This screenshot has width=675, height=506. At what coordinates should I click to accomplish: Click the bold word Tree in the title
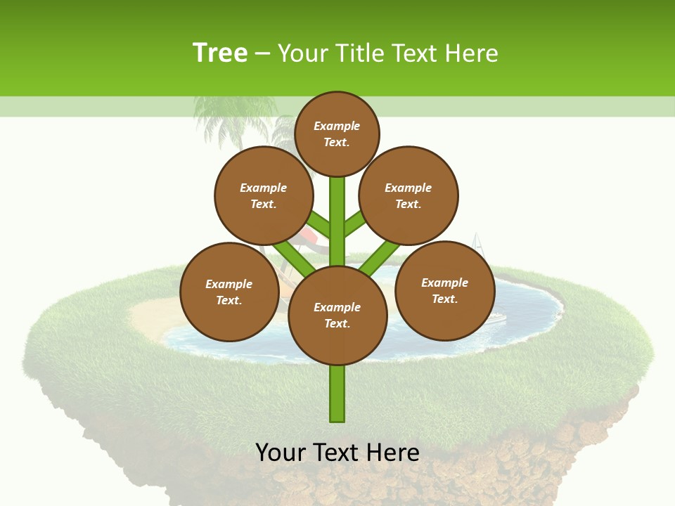coord(220,53)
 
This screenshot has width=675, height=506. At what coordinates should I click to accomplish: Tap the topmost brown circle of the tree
coord(337,134)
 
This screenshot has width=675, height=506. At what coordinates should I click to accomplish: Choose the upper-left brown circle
coord(264,195)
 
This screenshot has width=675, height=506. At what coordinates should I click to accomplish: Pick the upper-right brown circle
coord(409,195)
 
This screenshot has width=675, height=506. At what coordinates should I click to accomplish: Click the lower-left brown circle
coord(229,292)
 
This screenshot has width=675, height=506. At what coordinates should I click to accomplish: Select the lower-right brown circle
coord(445,290)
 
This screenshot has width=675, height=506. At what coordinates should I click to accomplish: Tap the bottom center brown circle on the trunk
coord(337,315)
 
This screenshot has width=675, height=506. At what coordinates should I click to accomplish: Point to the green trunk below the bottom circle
coord(337,394)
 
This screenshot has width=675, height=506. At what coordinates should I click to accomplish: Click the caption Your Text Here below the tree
coord(337,452)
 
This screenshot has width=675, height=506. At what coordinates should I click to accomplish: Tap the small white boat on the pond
coord(495,318)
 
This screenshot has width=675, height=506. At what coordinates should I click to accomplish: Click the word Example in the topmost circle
coord(337,126)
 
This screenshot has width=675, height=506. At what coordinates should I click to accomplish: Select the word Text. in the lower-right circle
coord(444,299)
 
